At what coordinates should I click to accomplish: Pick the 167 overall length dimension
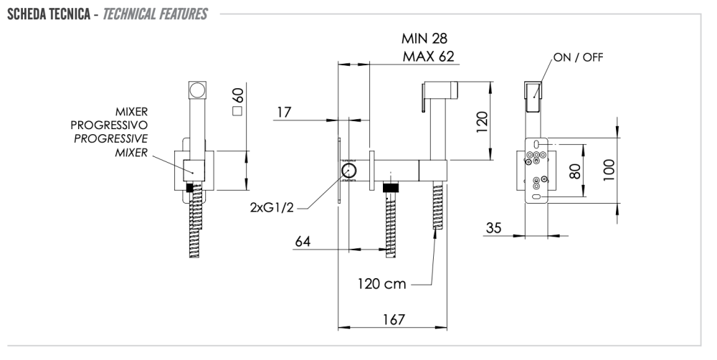pos(392,318)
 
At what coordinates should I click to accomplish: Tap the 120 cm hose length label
pos(383,283)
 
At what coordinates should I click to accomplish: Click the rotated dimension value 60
pos(238,95)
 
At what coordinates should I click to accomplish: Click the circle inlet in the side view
pos(349,171)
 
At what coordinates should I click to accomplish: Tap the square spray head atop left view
pos(196,91)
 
